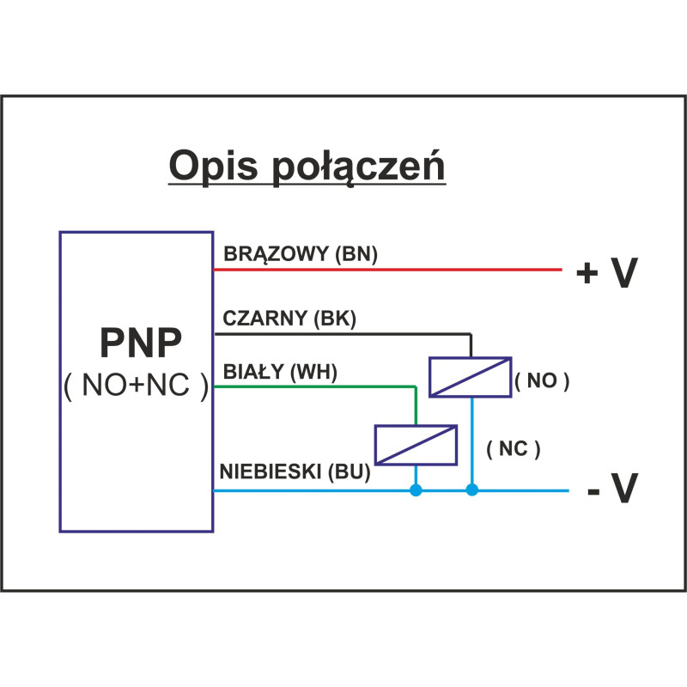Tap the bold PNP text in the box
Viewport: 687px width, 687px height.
pyautogui.click(x=141, y=343)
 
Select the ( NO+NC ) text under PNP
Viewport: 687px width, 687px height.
pyautogui.click(x=137, y=386)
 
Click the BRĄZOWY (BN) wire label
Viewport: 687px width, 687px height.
pyautogui.click(x=301, y=254)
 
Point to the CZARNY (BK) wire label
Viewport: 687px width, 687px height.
pyautogui.click(x=289, y=319)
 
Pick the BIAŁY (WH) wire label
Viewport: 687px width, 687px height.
pyautogui.click(x=280, y=372)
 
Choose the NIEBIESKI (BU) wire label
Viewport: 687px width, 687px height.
pyautogui.click(x=295, y=471)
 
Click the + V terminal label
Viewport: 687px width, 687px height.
pyautogui.click(x=607, y=273)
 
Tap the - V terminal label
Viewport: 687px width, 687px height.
pyautogui.click(x=612, y=489)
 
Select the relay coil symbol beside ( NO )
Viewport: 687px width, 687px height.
pyautogui.click(x=470, y=377)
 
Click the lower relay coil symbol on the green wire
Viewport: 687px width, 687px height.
pyautogui.click(x=416, y=445)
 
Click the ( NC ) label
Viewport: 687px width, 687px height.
pyautogui.click(x=513, y=449)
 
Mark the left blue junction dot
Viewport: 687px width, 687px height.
pyautogui.click(x=416, y=490)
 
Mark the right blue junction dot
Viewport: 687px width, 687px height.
pyautogui.click(x=471, y=490)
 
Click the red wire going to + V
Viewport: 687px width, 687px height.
pyautogui.click(x=386, y=270)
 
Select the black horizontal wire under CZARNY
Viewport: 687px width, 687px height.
pyautogui.click(x=343, y=332)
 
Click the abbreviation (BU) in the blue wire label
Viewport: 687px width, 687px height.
pyautogui.click(x=353, y=471)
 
